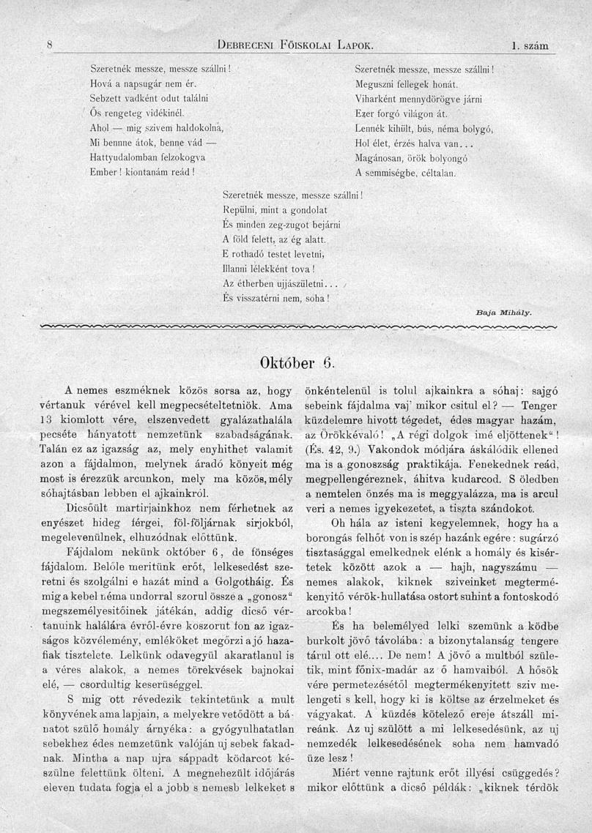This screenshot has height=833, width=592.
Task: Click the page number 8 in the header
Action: pyautogui.click(x=48, y=45)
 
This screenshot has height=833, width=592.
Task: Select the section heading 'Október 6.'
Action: pyautogui.click(x=297, y=361)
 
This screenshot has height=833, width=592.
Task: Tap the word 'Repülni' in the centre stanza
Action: pyautogui.click(x=237, y=210)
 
